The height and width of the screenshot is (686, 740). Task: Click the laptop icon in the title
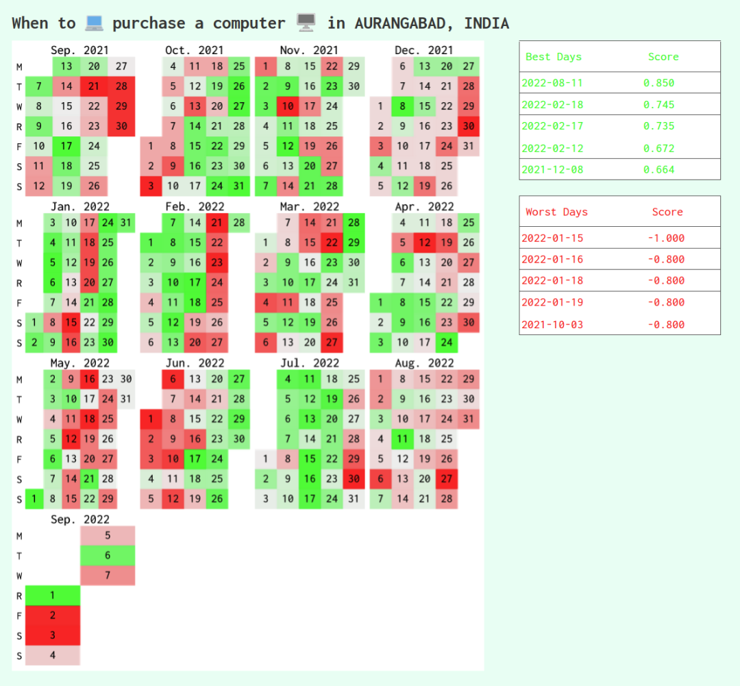(x=94, y=23)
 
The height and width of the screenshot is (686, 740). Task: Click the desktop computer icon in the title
(x=306, y=23)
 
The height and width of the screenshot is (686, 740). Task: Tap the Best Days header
(x=553, y=57)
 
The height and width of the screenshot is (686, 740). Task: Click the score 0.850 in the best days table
(x=658, y=83)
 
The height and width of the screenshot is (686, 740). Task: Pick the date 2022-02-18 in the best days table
(x=552, y=105)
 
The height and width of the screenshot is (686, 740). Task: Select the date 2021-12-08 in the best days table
(x=552, y=169)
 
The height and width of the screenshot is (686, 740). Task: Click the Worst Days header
(x=556, y=212)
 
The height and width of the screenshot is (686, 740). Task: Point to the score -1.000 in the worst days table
(x=665, y=238)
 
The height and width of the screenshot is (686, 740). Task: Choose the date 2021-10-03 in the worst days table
(x=552, y=324)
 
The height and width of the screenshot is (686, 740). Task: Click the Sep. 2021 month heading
(x=79, y=50)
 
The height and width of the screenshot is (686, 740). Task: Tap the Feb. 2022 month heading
(x=195, y=206)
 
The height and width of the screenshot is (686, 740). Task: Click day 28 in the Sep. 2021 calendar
(x=121, y=86)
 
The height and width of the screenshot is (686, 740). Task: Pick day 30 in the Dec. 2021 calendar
(x=469, y=126)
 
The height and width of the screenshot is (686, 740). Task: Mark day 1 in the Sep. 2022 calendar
(x=53, y=596)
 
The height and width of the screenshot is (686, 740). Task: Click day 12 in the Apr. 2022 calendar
(x=425, y=243)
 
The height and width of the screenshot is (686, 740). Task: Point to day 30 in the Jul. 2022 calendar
(x=354, y=478)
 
